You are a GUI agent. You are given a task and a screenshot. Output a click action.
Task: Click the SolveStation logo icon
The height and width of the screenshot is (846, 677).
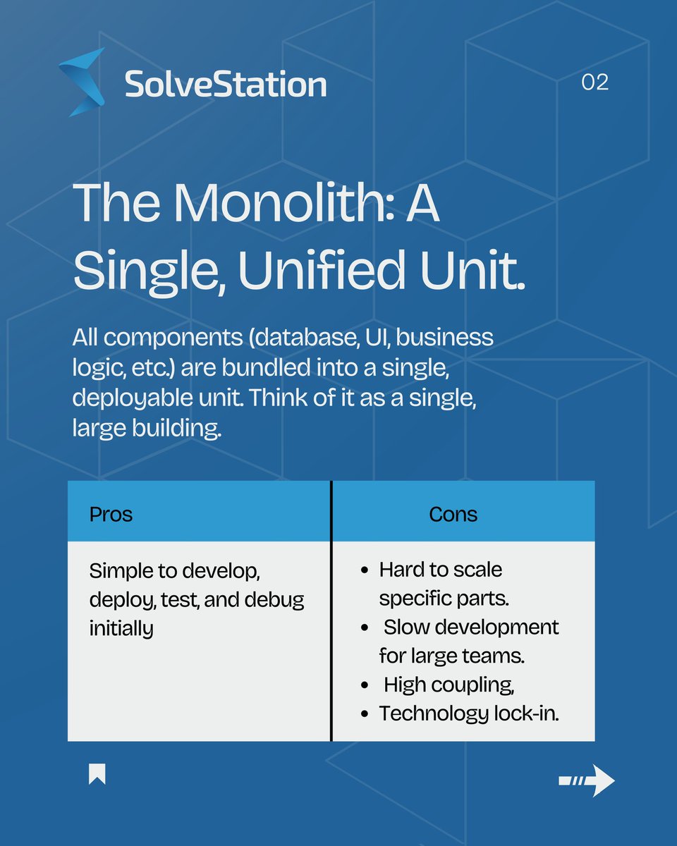tap(83, 82)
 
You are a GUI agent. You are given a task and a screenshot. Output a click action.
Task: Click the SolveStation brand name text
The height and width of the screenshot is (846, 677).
tap(225, 85)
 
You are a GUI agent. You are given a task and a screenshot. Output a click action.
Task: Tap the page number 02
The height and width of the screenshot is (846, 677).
tap(594, 82)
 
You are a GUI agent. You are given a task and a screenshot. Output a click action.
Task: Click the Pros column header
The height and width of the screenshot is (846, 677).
tap(111, 514)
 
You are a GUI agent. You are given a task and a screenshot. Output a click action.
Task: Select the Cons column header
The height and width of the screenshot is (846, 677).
tap(453, 514)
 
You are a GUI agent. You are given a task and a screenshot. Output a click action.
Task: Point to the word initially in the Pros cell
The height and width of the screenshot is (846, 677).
tap(121, 629)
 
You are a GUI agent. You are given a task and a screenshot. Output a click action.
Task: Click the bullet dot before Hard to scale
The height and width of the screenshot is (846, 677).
tap(364, 570)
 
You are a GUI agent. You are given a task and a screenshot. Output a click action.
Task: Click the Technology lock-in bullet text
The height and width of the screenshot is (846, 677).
tap(469, 713)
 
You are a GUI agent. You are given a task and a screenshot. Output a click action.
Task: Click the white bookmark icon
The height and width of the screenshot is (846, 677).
tap(97, 774)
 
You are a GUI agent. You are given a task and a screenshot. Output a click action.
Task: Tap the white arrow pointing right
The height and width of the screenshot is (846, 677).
tap(587, 780)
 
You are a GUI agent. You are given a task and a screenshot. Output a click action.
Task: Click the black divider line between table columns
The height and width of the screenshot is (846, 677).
tap(331, 611)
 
